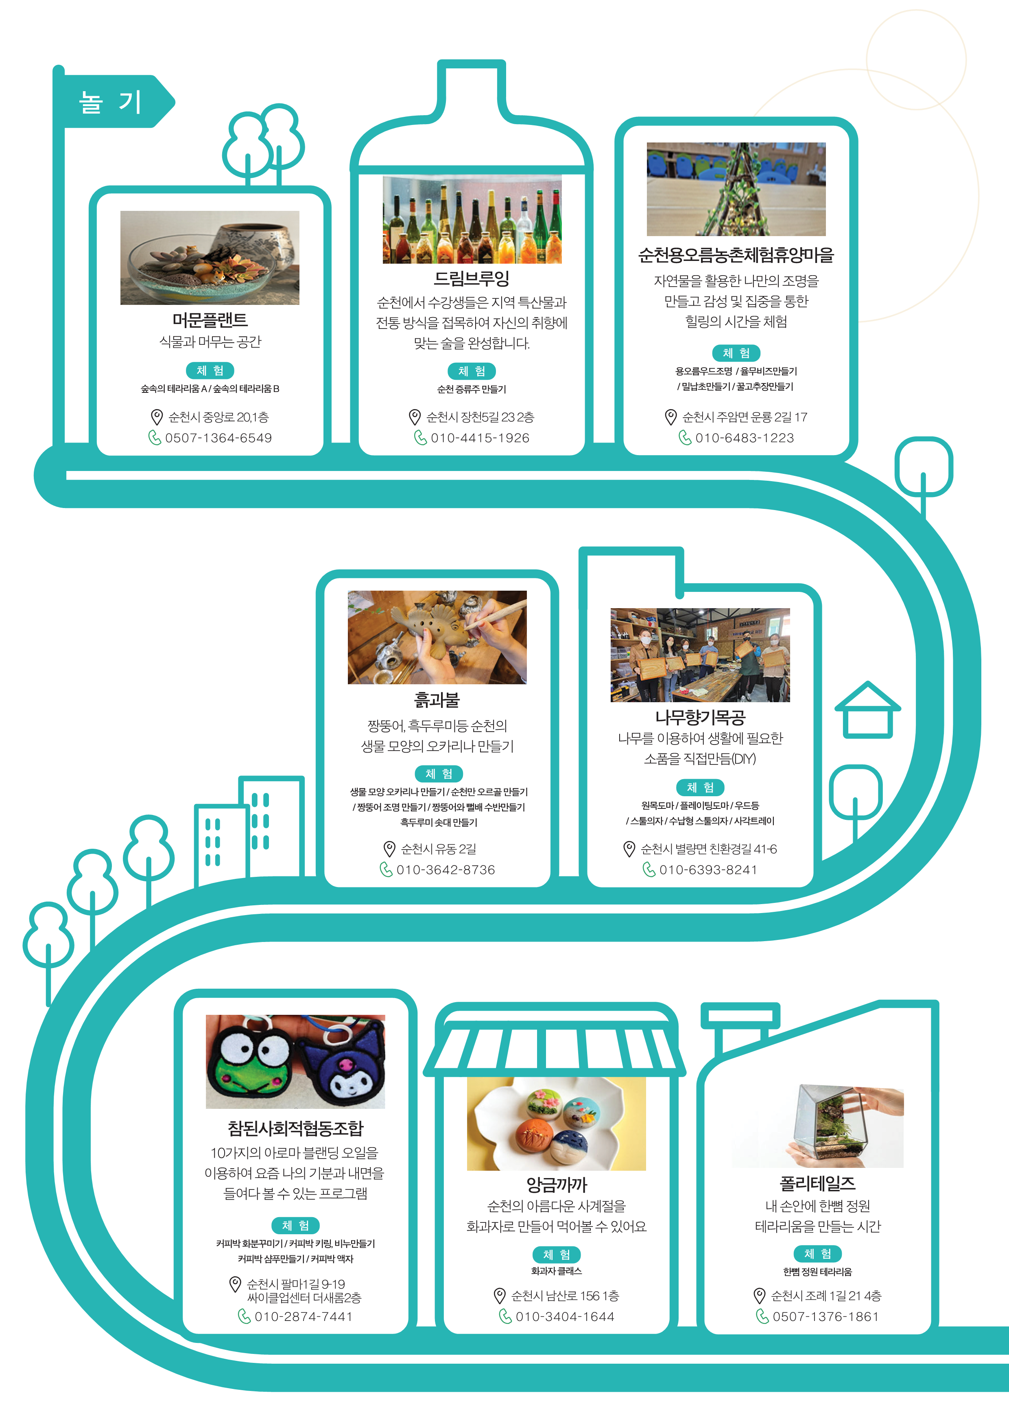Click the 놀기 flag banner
112,101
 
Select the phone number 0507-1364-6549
218,438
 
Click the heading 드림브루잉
472,278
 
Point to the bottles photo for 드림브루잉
472,219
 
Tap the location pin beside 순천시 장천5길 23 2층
415,417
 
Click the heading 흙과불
437,700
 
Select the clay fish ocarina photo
437,637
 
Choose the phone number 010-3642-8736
446,870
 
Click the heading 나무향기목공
700,718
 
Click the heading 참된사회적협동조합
295,1128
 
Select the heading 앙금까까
557,1184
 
